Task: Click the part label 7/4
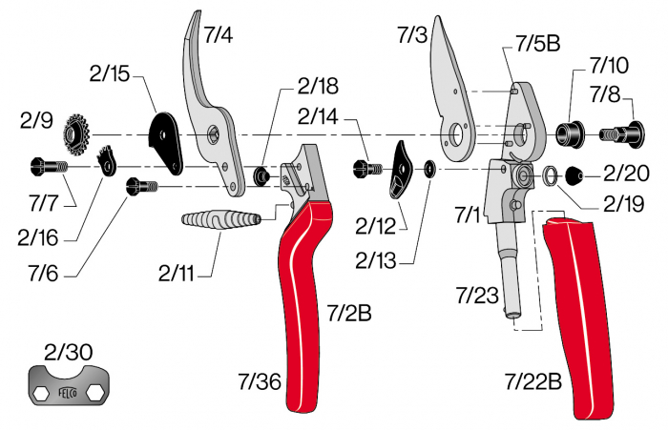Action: (x=219, y=35)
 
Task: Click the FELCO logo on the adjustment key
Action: (x=70, y=392)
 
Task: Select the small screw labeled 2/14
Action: (x=367, y=167)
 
